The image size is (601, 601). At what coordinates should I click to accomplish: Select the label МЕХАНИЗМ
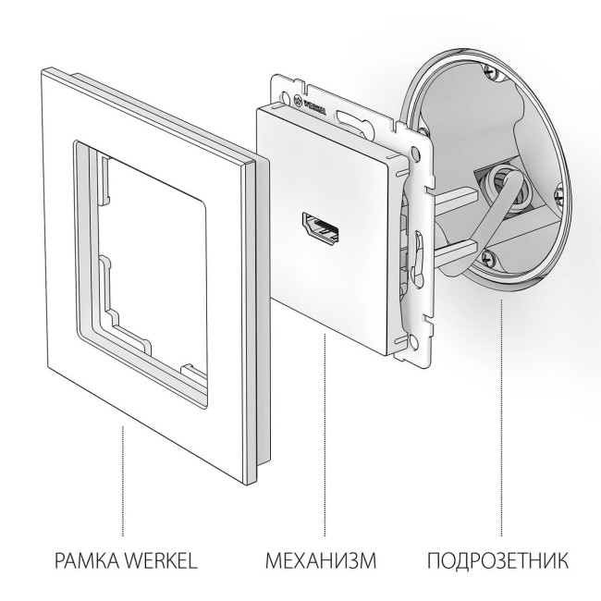coord(322,560)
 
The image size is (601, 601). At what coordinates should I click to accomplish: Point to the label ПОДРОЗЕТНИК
coord(498,560)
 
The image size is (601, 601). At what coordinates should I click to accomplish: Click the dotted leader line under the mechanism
coord(325,435)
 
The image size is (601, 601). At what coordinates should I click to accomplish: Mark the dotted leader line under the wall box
coord(502,416)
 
